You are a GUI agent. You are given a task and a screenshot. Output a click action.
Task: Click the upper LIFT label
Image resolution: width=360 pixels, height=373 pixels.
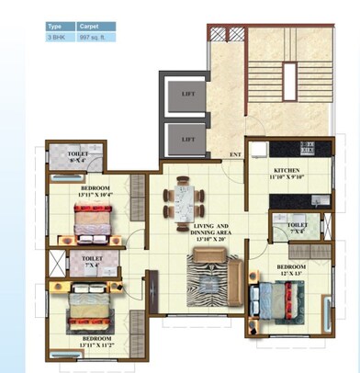coord(188,94)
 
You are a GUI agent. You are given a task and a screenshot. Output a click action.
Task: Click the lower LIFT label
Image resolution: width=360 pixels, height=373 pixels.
coord(188,139)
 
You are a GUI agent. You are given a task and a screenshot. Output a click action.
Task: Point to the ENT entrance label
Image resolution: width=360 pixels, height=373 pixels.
coord(235,153)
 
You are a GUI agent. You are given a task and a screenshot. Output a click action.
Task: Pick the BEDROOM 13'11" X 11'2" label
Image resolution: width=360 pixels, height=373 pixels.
coord(96,343)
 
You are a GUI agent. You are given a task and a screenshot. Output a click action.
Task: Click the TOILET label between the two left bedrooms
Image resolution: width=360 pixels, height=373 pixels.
coord(92,262)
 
